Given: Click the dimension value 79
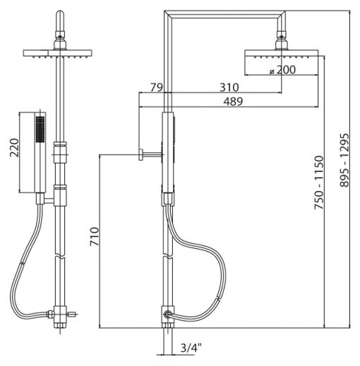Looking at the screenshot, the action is click(x=157, y=87).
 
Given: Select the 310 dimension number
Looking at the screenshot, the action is click(x=229, y=87).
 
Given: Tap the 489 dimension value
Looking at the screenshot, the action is click(x=233, y=102).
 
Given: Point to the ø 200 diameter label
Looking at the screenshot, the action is click(x=282, y=70).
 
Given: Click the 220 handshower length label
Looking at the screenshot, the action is click(x=14, y=147).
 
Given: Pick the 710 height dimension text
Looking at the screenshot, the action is click(x=95, y=236).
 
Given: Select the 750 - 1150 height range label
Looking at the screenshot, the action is click(x=319, y=182).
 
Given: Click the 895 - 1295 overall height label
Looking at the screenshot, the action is click(x=344, y=160).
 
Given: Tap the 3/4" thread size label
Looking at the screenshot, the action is click(x=191, y=348).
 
